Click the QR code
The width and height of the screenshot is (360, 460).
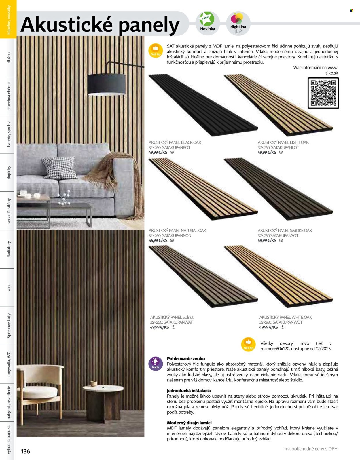323,93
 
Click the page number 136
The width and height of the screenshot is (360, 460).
25,451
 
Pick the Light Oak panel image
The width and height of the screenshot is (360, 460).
278,105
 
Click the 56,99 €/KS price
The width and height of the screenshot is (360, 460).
158,240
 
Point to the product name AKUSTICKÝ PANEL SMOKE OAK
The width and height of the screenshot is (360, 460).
285,231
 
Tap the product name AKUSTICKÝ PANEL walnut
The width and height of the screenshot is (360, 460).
172,317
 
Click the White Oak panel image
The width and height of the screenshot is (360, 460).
278,277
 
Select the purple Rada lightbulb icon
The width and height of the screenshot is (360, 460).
156,363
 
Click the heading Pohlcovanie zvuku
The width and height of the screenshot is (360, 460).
186,359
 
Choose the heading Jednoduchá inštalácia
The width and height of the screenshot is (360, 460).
189,391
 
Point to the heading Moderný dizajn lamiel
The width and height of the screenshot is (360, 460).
189,423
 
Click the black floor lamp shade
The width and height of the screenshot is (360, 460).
106,84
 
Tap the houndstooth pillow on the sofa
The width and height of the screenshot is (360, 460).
59,168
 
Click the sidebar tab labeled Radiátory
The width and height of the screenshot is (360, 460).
8,249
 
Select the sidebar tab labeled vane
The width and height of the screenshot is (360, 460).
8,287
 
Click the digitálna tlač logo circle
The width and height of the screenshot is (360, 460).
238,23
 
